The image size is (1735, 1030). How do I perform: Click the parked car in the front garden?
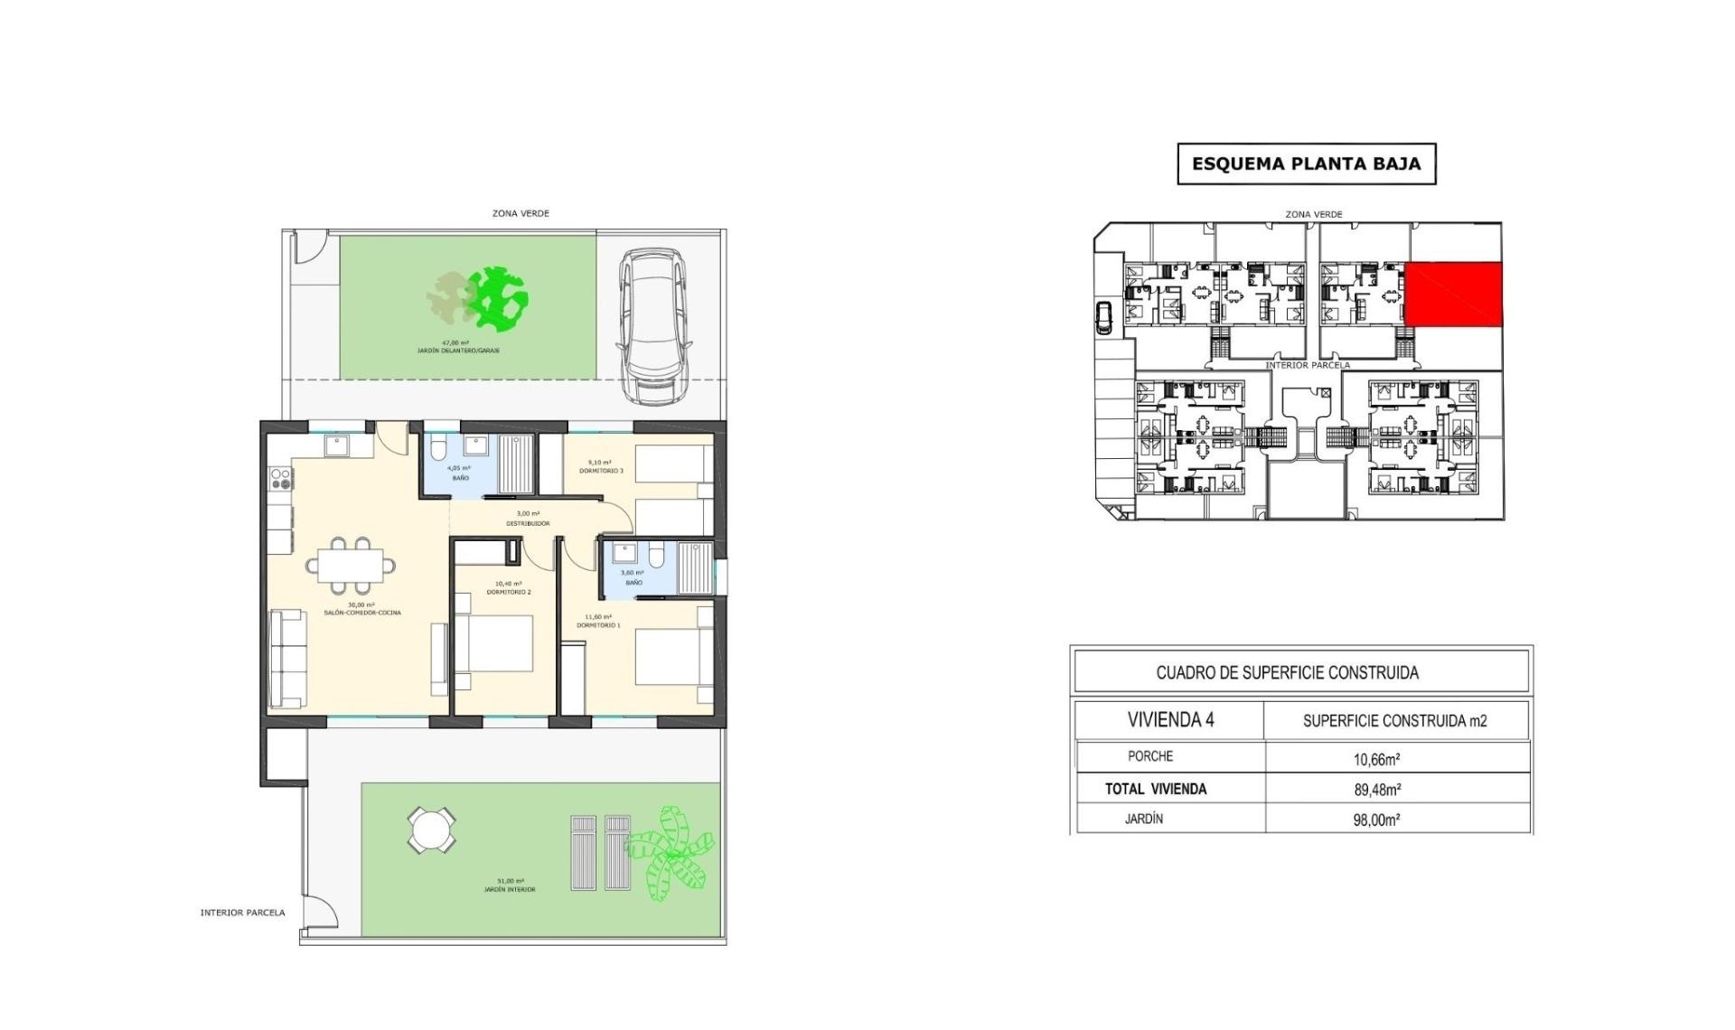click(651, 327)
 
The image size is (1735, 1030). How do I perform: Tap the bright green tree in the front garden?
click(498, 297)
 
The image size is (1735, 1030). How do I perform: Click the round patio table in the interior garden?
click(431, 829)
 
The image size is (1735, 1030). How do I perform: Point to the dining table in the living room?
click(350, 565)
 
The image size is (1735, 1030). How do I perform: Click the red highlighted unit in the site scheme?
click(1452, 295)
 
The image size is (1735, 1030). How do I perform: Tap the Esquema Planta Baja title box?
click(1306, 164)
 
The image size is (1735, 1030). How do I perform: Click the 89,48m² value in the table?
click(1377, 790)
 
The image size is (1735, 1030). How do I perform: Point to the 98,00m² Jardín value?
click(1376, 820)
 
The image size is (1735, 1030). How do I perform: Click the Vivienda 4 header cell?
click(1170, 720)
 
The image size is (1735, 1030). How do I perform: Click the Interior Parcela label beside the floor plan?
click(242, 913)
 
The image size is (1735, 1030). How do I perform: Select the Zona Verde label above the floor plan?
click(520, 214)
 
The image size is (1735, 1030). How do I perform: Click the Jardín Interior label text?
click(511, 889)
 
